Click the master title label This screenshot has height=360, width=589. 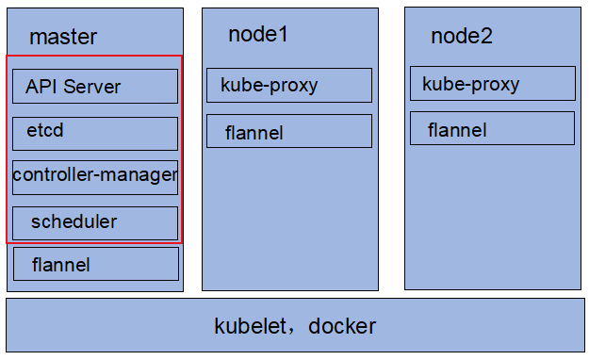[x=63, y=38]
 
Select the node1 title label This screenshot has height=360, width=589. [x=258, y=35]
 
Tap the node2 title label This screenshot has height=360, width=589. [x=462, y=37]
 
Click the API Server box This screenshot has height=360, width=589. [x=94, y=87]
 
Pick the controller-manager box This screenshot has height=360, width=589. [x=94, y=176]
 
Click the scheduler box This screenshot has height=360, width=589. [x=94, y=222]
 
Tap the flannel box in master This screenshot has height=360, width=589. [x=94, y=265]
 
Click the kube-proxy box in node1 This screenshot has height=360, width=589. [x=288, y=86]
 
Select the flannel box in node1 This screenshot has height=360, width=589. [x=288, y=132]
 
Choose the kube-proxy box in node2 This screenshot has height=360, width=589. [x=492, y=84]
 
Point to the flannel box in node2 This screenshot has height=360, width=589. [x=492, y=129]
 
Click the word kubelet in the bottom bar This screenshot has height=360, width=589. [x=250, y=327]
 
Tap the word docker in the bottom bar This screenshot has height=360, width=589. [x=341, y=327]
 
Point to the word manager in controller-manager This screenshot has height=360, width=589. [x=139, y=175]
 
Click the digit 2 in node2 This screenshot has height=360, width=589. [x=486, y=37]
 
